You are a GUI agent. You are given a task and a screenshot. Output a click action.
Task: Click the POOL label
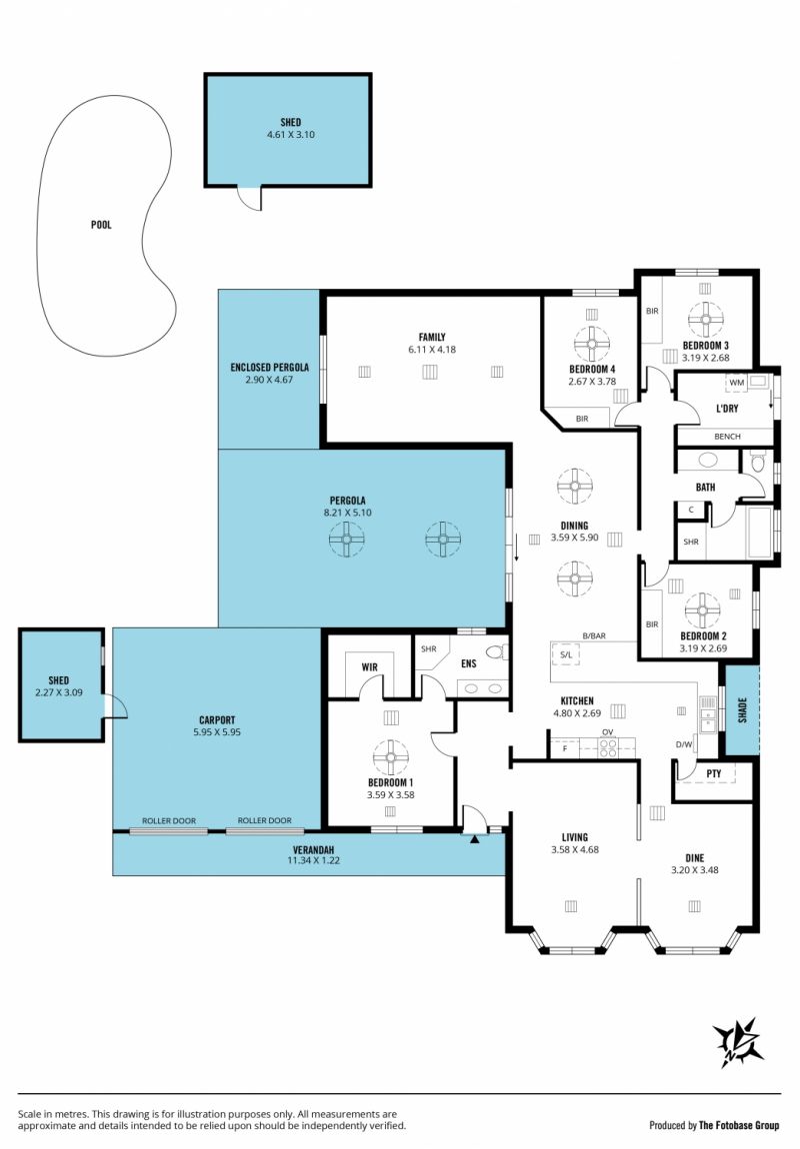[x=101, y=225]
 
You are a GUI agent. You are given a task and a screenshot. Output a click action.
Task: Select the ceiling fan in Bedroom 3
[x=705, y=320]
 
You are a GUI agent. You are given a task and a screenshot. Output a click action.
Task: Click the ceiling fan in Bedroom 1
[x=391, y=757]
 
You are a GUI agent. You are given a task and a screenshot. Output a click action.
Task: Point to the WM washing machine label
[x=736, y=383]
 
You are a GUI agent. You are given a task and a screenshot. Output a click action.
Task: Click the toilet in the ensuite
[x=497, y=651]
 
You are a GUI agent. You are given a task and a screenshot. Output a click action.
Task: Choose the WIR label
[x=370, y=666]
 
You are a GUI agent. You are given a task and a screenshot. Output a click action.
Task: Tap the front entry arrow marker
[x=474, y=839]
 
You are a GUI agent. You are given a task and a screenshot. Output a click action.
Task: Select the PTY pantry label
[x=713, y=773]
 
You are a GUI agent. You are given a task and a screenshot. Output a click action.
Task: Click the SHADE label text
[x=742, y=709]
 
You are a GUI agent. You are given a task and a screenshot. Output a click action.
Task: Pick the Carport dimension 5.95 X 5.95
[x=217, y=732]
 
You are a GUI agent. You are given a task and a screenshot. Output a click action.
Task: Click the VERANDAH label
[x=313, y=850]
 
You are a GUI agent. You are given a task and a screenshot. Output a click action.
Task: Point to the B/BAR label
[x=594, y=636]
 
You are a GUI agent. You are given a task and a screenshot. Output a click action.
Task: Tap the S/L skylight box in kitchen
[x=565, y=654]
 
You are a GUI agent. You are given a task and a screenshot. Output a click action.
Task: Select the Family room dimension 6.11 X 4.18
[x=432, y=350]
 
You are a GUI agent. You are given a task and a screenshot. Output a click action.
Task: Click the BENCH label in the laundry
[x=727, y=436]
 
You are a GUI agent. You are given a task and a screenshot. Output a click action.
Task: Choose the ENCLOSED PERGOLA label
[x=270, y=367]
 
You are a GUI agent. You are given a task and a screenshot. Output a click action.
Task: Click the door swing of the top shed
[x=249, y=199]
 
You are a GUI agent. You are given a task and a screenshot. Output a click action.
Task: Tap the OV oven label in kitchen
[x=608, y=732]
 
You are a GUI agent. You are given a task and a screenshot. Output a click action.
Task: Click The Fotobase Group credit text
[x=739, y=1126]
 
